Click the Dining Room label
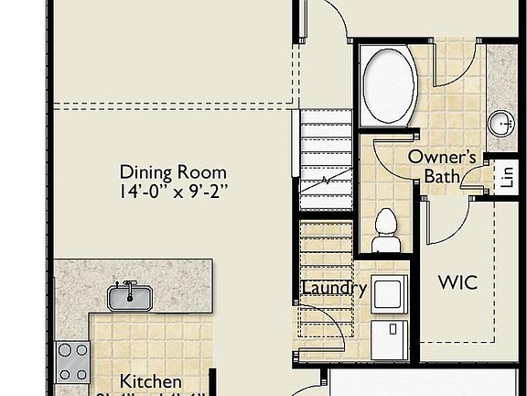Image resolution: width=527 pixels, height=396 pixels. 174,172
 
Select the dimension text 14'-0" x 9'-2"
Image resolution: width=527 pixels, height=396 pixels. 174,192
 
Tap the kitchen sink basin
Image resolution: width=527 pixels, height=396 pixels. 131,296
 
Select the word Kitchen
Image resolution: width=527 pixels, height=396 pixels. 151,381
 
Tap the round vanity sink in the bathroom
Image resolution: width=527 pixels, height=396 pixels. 501,122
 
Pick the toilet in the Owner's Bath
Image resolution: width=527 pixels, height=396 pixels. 387,230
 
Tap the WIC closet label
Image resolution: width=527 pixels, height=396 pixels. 457,282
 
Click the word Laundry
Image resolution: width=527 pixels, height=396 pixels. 335,289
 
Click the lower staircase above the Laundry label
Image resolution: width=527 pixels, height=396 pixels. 325,247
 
